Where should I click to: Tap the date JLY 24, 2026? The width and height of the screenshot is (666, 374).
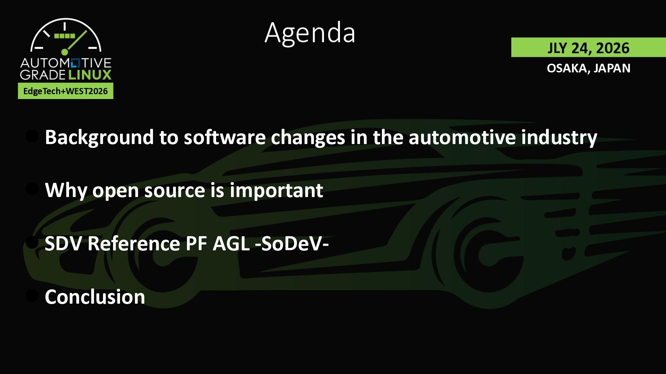click(x=588, y=48)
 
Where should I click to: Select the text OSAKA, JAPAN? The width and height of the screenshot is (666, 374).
click(x=588, y=68)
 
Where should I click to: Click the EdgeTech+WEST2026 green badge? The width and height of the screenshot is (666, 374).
click(x=66, y=91)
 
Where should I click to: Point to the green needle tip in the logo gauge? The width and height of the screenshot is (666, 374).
click(x=86, y=31)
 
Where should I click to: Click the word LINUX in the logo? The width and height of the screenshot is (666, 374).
click(x=89, y=74)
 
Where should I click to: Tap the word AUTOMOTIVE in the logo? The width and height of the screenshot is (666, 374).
click(x=66, y=63)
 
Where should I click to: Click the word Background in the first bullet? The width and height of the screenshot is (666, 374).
click(x=99, y=137)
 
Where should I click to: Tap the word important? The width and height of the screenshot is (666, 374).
click(x=276, y=190)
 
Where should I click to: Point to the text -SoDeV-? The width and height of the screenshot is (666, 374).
click(x=292, y=243)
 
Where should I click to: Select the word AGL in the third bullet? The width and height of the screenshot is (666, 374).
click(x=231, y=243)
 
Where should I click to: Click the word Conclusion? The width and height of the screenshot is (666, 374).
click(x=95, y=297)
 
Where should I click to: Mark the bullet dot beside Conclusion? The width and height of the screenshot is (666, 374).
click(x=32, y=296)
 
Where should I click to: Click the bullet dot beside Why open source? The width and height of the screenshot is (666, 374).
click(x=32, y=189)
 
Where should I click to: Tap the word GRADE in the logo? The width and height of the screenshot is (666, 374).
click(x=43, y=74)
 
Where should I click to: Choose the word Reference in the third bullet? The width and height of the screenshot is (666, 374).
click(x=134, y=243)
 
